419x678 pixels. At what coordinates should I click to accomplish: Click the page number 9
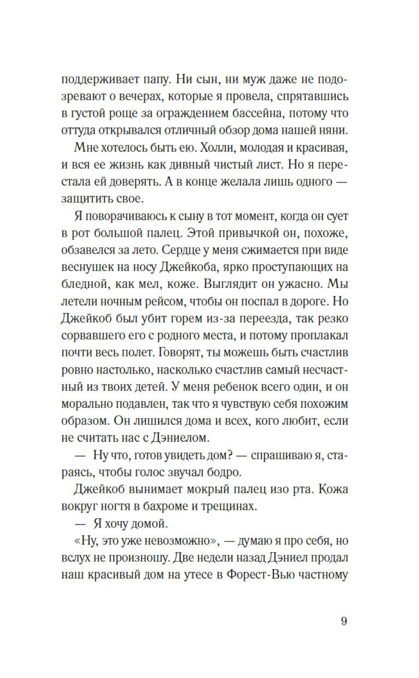pos(344,621)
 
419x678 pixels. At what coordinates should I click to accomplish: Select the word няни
pos(335,130)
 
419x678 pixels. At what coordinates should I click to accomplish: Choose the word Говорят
pos(181,352)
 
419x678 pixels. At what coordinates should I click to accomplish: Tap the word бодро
pos(223,472)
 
